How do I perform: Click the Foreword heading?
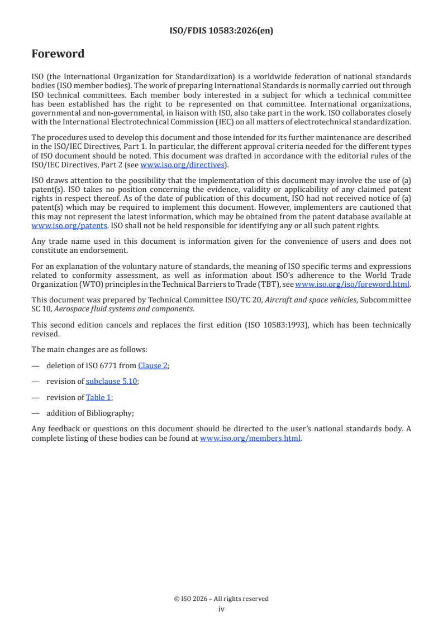[x=58, y=54]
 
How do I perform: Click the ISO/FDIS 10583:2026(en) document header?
[x=221, y=31]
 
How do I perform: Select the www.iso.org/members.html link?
[x=250, y=438]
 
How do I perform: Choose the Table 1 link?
[x=98, y=397]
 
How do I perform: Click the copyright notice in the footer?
[x=221, y=599]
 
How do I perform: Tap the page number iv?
[x=221, y=609]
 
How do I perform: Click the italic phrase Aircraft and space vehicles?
[x=311, y=300]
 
